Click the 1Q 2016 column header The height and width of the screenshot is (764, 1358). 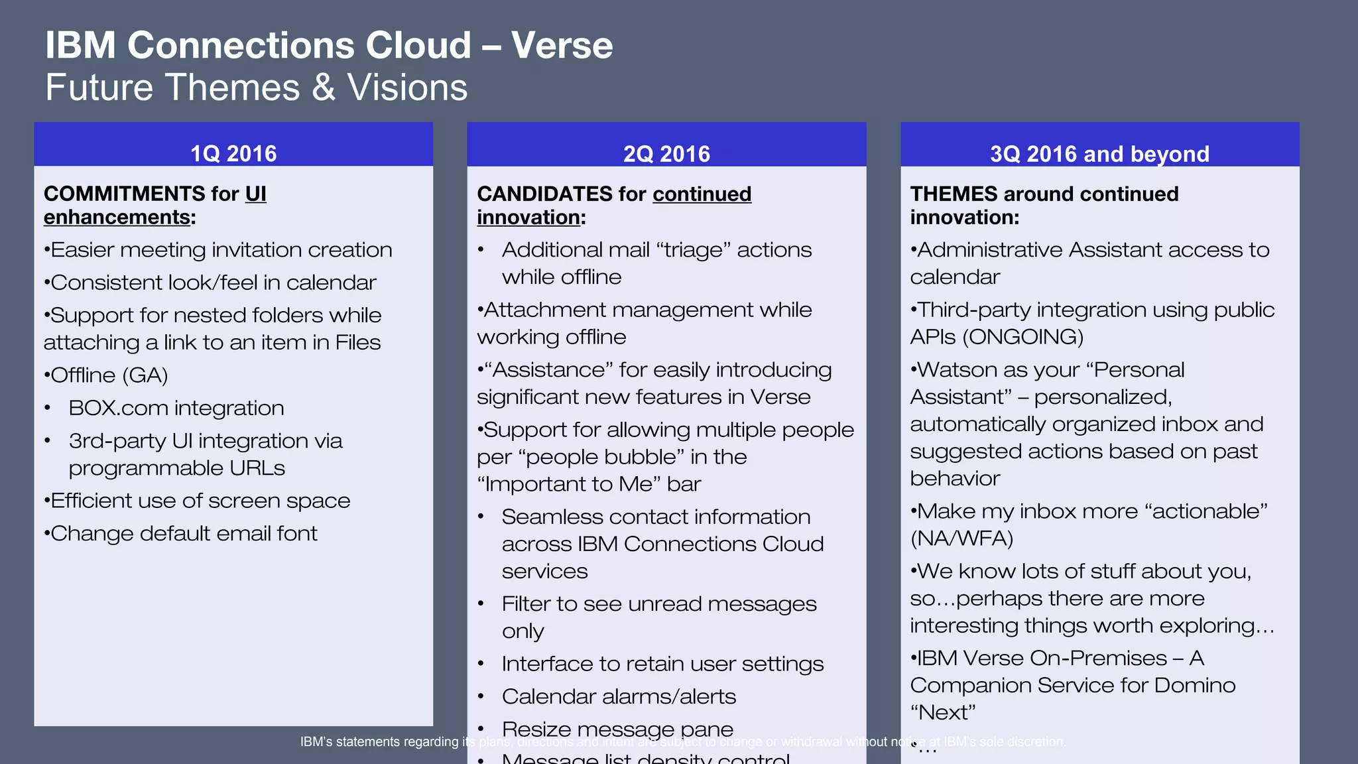233,154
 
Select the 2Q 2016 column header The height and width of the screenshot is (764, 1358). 666,154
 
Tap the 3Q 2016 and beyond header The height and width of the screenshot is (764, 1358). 1099,154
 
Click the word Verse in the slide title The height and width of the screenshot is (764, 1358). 562,45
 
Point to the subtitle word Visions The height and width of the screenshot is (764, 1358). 407,88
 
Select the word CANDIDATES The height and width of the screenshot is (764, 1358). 544,194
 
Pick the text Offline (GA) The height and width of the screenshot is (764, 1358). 109,375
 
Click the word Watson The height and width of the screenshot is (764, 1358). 956,369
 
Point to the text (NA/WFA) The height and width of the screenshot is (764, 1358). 961,539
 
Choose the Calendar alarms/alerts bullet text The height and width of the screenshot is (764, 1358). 619,696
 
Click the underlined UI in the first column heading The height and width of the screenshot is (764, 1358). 255,194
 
